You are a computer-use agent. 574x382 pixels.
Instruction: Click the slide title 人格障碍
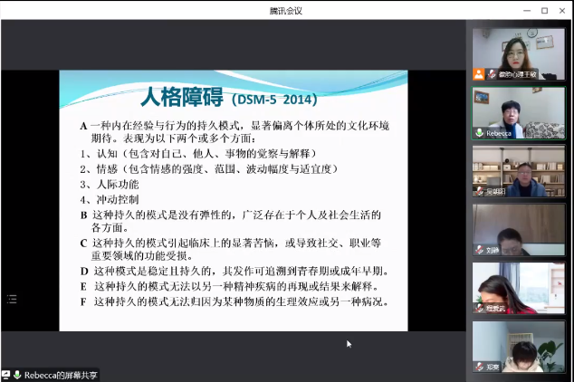[177, 97]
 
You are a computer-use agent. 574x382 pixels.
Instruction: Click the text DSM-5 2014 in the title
[273, 99]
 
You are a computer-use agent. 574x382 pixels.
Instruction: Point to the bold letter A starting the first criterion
[82, 126]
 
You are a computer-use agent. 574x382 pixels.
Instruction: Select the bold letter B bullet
[83, 215]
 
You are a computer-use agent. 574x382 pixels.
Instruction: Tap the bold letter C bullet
[83, 243]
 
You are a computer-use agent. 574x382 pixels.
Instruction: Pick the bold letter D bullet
[83, 271]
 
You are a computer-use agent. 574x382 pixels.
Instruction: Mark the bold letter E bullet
[83, 286]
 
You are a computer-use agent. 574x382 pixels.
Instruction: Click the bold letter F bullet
[83, 301]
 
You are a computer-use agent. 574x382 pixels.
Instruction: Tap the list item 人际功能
[117, 184]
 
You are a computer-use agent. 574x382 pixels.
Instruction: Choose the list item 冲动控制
[117, 199]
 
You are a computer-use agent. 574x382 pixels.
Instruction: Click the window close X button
[562, 10]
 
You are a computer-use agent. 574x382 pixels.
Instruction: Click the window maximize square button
[545, 10]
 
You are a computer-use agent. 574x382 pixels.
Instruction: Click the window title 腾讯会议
[285, 10]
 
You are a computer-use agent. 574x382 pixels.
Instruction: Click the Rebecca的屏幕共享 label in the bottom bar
[62, 375]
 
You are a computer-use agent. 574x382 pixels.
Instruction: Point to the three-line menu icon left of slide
[12, 298]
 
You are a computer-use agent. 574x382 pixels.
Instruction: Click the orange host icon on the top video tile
[478, 74]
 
